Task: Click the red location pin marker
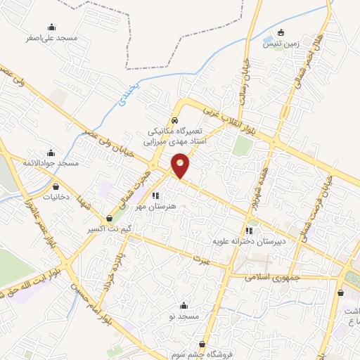coord(181,165)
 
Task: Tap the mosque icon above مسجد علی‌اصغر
coord(51,27)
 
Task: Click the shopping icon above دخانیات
coord(56,187)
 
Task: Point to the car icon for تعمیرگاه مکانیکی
coord(175,120)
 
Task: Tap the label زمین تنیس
coord(281,44)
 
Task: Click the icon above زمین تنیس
coord(281,32)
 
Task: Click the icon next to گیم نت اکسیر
coord(108,219)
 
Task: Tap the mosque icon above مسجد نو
coord(184,305)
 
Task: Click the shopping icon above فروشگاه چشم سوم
coord(203,344)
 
